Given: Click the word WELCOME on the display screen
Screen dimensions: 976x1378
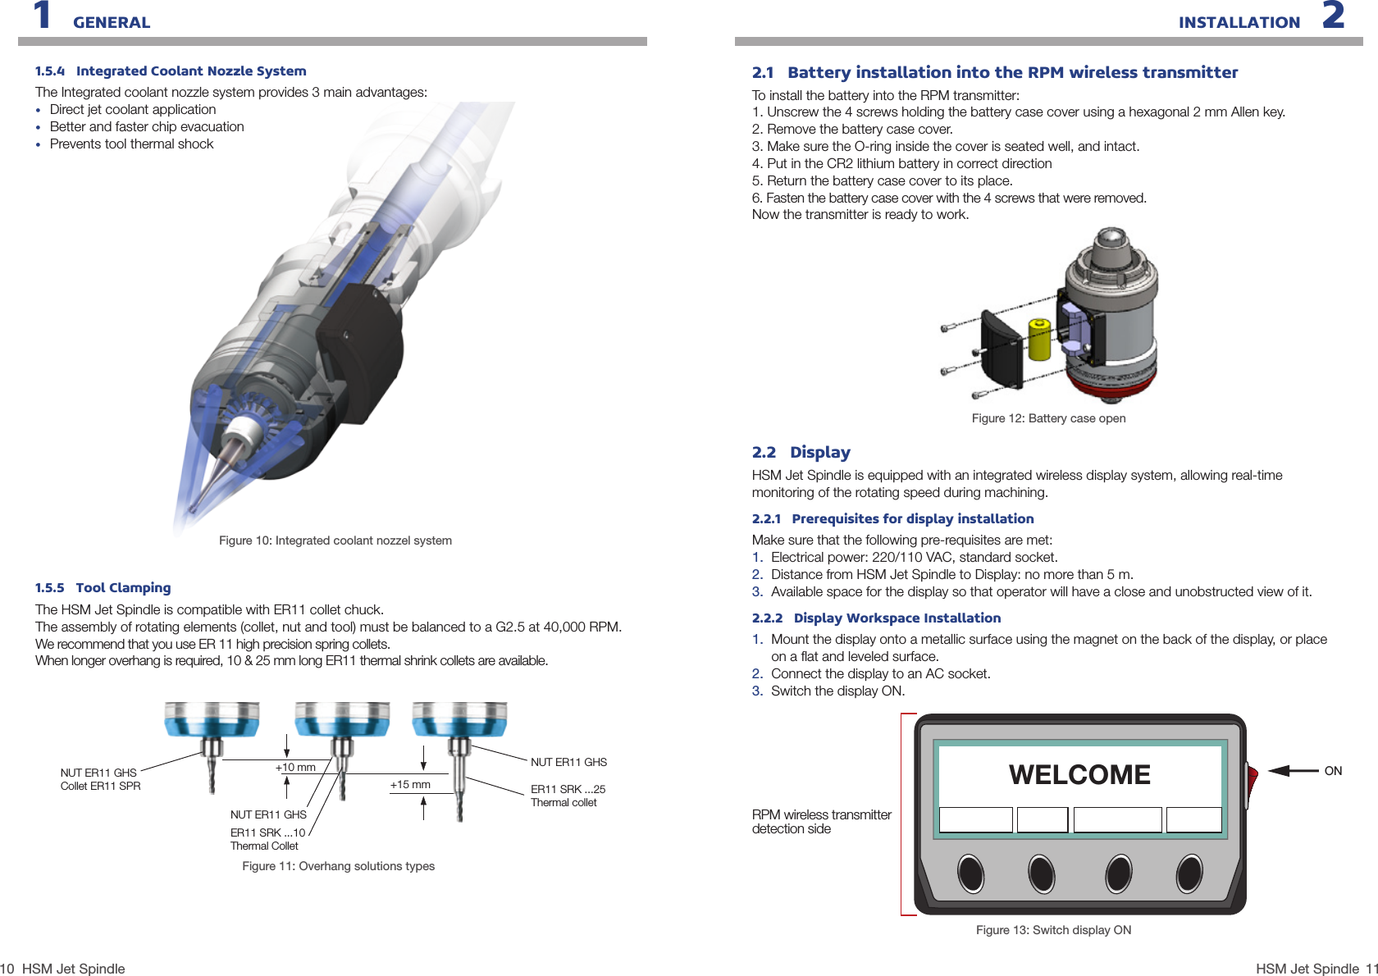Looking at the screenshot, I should point(1079,775).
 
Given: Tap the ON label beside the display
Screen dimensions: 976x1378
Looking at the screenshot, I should point(1333,771).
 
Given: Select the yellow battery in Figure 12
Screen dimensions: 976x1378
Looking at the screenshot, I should point(1039,340).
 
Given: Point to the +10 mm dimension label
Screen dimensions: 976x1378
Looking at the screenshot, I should point(295,768).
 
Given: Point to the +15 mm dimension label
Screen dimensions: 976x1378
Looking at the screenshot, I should point(410,785).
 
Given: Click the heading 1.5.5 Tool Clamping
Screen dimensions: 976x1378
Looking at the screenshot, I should point(103,588).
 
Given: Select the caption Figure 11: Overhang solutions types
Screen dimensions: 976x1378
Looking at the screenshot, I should point(338,866).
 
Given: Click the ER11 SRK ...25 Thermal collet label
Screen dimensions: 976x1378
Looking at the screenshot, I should point(568,796).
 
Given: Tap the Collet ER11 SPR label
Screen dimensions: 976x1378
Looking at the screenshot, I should point(100,787).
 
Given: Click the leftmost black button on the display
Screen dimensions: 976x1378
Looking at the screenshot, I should point(971,873).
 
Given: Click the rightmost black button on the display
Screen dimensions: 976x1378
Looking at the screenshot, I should point(1189,873).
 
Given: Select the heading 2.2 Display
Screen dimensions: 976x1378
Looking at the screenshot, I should point(801,453).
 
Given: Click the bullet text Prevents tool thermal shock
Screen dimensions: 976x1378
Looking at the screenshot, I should point(131,144).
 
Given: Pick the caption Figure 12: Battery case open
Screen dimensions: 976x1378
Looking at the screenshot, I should point(1048,418).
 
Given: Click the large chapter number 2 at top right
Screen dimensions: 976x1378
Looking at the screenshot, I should point(1334,16).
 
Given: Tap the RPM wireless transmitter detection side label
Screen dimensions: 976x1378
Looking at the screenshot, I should point(821,822).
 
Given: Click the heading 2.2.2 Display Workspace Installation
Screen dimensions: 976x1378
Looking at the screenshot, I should point(876,618).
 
